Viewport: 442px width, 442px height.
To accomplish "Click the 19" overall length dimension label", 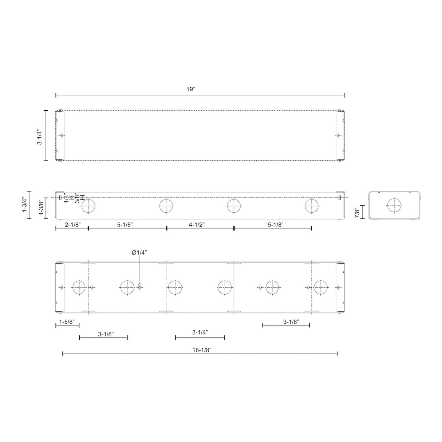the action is (190, 89).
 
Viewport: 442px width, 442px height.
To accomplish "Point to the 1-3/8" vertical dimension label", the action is (42, 208).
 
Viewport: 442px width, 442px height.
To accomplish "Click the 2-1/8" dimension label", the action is (73, 225).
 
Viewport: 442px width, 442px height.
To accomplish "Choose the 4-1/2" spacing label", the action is (197, 225).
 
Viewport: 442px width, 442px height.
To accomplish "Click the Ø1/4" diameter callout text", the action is (139, 252).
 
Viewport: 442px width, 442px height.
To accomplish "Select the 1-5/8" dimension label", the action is (67, 322).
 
